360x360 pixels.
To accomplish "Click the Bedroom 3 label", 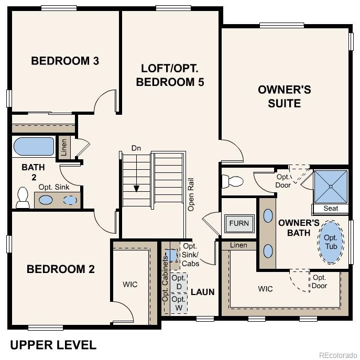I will tap(65, 61).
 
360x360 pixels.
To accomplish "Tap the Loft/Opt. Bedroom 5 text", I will tap(169, 75).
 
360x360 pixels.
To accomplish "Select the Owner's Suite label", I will tap(284, 96).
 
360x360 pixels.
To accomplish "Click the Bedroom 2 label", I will tap(61, 269).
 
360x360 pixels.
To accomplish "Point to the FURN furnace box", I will tap(239, 223).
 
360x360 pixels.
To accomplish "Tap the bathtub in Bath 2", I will tap(34, 147).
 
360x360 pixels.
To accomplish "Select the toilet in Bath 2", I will tap(23, 197).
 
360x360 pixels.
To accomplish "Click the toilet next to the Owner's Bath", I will tap(233, 182).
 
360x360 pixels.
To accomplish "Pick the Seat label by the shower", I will tap(331, 209).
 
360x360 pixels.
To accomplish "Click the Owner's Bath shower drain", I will tap(330, 186).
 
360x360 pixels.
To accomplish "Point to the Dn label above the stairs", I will tap(136, 148).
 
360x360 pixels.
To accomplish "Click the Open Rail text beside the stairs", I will tap(191, 194).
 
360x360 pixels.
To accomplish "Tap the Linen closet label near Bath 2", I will tap(63, 147).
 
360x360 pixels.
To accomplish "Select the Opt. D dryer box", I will tap(179, 283).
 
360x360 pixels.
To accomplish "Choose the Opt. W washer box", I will tap(179, 303).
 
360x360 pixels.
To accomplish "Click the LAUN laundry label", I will tap(202, 292).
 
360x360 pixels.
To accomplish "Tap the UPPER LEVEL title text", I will tap(53, 345).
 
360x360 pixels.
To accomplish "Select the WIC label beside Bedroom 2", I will tap(130, 284).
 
